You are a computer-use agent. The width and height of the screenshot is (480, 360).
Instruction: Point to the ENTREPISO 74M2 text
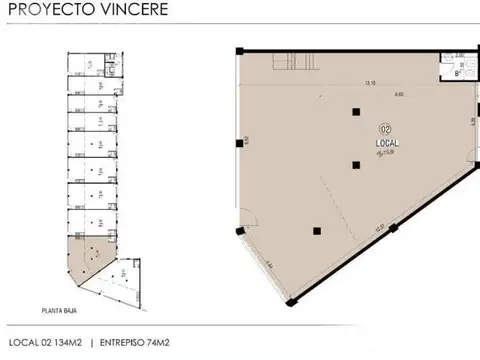[x=138, y=342]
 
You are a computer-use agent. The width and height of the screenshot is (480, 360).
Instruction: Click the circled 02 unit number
[x=384, y=130]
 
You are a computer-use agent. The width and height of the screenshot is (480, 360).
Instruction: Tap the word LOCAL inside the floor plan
[x=386, y=144]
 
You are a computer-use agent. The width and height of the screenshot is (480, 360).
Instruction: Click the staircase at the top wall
[x=289, y=61]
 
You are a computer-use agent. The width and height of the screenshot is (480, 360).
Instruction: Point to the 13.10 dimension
[x=342, y=83]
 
